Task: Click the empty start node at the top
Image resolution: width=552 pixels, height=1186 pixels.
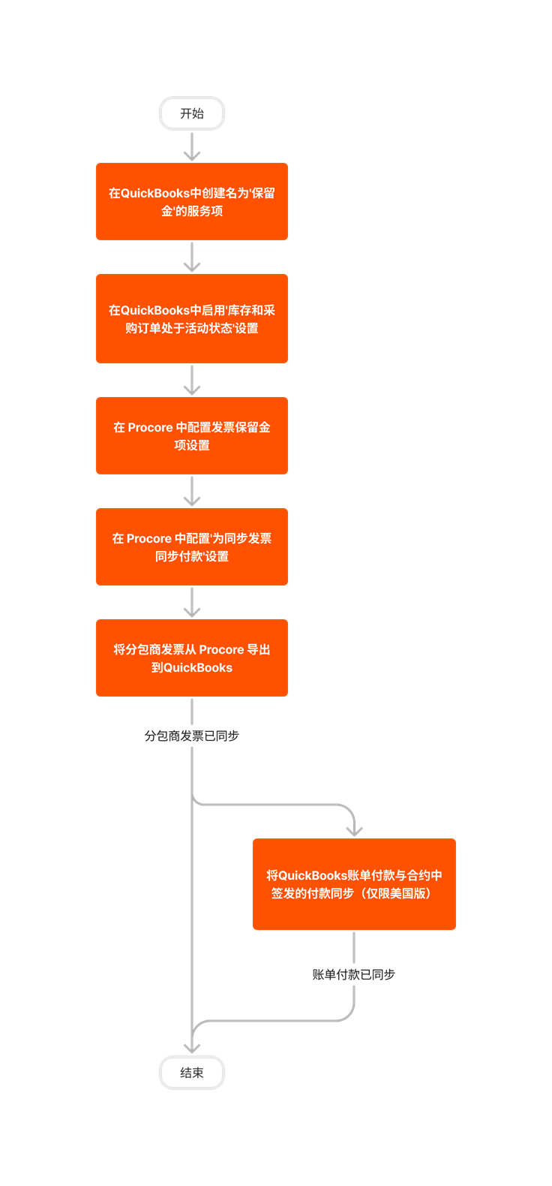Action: click(x=192, y=113)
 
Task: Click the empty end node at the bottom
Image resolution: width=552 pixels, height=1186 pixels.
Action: click(x=192, y=1072)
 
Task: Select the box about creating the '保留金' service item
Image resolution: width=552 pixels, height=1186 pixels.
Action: click(x=192, y=201)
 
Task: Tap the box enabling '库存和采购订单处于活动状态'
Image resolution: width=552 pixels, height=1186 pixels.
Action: click(x=192, y=318)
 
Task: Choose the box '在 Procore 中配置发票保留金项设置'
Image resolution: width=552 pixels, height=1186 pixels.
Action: click(x=192, y=435)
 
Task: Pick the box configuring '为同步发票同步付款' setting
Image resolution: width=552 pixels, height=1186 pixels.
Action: click(x=192, y=546)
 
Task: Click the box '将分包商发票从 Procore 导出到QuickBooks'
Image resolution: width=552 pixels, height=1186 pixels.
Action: click(x=192, y=658)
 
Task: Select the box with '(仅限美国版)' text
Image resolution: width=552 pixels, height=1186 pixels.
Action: click(x=354, y=883)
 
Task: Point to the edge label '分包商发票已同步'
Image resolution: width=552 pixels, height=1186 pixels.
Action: click(x=192, y=736)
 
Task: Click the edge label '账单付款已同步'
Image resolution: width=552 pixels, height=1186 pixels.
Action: click(x=354, y=974)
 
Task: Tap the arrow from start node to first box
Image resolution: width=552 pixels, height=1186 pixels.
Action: click(x=192, y=146)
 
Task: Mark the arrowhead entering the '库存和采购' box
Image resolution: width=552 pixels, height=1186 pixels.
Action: click(x=192, y=266)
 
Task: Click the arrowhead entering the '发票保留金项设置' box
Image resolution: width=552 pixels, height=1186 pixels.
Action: click(x=192, y=389)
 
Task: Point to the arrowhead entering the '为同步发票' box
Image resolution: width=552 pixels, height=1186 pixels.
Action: click(x=192, y=500)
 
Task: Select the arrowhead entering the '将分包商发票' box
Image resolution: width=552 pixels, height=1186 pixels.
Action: click(x=192, y=611)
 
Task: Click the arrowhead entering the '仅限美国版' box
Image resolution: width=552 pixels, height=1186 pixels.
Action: click(x=354, y=829)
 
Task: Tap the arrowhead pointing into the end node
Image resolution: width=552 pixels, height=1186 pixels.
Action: click(x=192, y=1048)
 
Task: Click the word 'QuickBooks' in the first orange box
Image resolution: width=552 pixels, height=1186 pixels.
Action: click(x=155, y=193)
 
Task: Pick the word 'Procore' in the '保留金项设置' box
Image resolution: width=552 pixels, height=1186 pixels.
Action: click(x=150, y=427)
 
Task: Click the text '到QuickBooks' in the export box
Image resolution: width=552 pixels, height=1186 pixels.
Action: click(x=192, y=667)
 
